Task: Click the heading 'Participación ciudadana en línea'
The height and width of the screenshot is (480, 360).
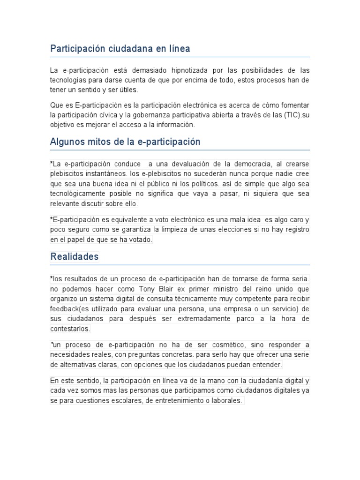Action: pos(120,49)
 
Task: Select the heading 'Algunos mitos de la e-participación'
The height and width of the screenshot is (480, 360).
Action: pos(125,142)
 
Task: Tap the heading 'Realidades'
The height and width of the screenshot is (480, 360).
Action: pos(75,257)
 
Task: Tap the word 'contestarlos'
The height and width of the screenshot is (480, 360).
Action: pos(70,329)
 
